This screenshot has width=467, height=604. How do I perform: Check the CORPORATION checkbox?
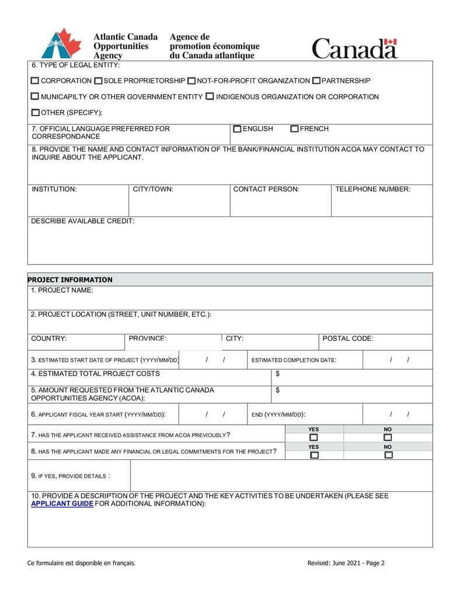point(35,81)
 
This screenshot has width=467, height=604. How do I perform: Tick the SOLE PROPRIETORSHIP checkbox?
point(98,81)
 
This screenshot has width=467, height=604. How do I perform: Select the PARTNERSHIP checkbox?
point(316,81)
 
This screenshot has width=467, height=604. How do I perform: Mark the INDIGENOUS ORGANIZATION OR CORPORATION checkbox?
point(210,97)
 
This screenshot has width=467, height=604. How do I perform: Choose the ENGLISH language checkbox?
point(237,129)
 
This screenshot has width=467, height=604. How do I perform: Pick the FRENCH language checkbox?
point(295,129)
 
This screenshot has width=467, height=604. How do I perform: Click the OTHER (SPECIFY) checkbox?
point(35,113)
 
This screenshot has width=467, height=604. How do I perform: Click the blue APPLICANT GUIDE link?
point(62,504)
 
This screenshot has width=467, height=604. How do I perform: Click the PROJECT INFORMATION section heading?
point(70,280)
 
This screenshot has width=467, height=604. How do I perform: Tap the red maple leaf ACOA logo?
point(62,43)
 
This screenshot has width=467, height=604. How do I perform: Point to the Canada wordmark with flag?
point(354,48)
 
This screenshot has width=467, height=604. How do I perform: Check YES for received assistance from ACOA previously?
point(314,438)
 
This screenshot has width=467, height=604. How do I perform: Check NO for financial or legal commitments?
point(388,455)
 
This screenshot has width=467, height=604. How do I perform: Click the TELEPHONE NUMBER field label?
point(373,189)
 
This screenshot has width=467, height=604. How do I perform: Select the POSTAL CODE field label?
point(348,338)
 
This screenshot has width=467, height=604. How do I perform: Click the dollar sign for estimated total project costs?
point(278,373)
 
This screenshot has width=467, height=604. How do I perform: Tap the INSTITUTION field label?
point(54,189)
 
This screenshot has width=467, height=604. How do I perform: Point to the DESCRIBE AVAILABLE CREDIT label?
point(82,221)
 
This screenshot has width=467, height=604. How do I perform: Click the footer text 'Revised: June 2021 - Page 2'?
point(346,563)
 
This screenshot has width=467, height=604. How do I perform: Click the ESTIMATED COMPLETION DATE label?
point(294,360)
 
